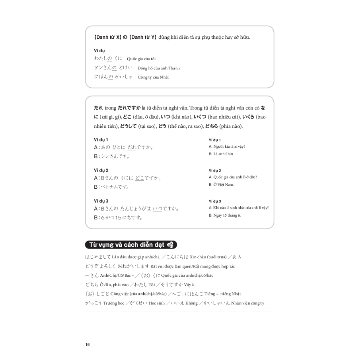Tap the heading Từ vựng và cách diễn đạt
tap(126, 245)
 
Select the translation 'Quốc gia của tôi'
tap(141, 59)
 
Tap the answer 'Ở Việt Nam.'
tap(224, 184)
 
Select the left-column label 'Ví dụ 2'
tap(101, 170)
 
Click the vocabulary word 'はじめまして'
tap(99, 257)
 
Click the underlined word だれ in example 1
tap(131, 148)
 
